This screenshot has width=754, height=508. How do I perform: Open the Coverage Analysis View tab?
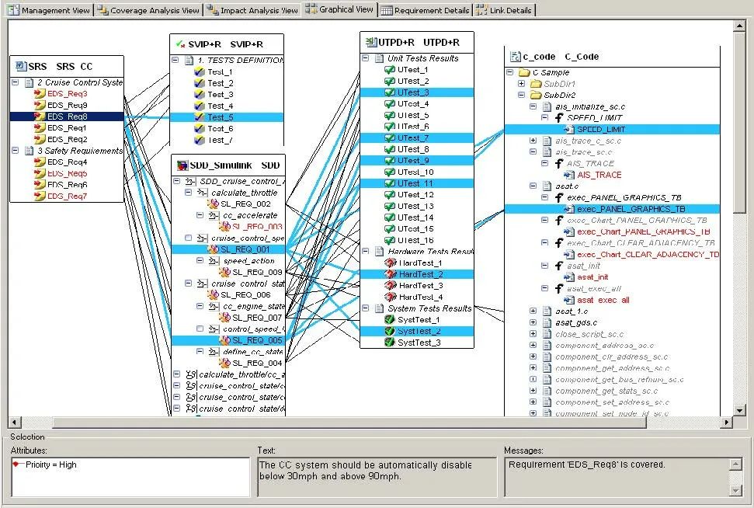pos(150,11)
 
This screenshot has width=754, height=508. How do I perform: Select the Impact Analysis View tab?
pos(253,11)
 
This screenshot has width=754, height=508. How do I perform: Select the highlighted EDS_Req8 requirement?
pos(67,117)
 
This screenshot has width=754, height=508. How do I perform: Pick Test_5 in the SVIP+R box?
pos(220,117)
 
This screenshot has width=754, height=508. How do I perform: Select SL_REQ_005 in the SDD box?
pos(256,340)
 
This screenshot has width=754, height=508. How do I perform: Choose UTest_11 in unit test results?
pos(415,183)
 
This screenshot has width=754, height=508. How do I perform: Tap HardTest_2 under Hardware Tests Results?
pos(420,274)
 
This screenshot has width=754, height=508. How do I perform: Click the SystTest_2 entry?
pos(419,332)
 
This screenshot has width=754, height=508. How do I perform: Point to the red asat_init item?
pos(592,277)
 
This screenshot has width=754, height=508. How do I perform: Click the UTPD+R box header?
pos(418,42)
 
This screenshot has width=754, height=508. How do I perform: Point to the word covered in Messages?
pos(647,465)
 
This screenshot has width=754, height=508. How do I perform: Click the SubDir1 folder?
pos(559,84)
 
